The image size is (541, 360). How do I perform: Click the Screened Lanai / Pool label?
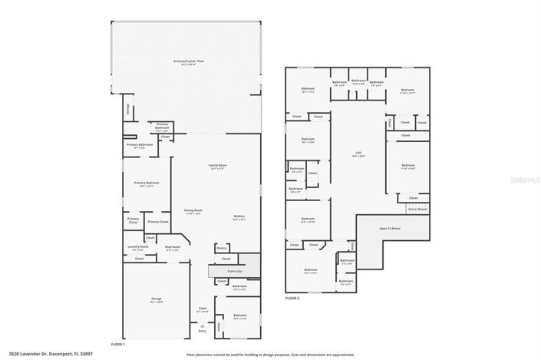pyautogui.click(x=184, y=62)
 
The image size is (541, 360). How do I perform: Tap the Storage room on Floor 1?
pyautogui.click(x=127, y=110)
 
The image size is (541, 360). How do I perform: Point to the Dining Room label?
pyautogui.click(x=193, y=211)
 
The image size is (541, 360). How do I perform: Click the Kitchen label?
pyautogui.click(x=239, y=217)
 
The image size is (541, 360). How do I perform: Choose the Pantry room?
pyautogui.click(x=221, y=249)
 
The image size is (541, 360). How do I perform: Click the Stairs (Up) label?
pyautogui.click(x=234, y=271)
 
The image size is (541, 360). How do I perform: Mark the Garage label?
pyautogui.click(x=156, y=299)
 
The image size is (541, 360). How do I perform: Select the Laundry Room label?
pyautogui.click(x=138, y=248)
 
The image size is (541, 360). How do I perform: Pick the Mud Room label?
pyautogui.click(x=172, y=248)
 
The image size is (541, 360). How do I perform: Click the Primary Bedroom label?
pyautogui.click(x=147, y=183)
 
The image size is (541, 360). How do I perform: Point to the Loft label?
pyautogui.click(x=358, y=154)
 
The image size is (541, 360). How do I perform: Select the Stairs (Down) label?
pyautogui.click(x=417, y=208)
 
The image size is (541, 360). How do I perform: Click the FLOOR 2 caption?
pyautogui.click(x=292, y=297)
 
